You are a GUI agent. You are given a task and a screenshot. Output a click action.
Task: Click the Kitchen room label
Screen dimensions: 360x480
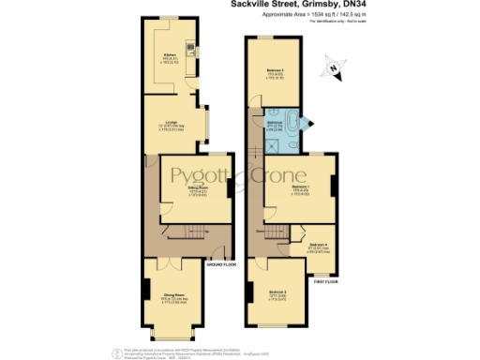(x=170, y=55)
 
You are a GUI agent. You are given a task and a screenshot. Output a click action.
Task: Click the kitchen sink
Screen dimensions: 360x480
(x=190, y=48)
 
